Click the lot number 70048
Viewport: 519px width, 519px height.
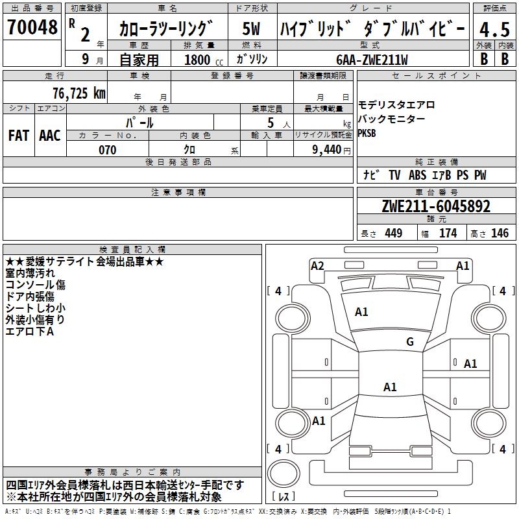32,27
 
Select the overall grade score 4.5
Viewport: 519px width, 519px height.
494,29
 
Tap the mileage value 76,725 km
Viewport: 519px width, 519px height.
79,93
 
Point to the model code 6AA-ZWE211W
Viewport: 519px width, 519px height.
372,60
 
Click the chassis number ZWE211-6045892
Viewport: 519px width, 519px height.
436,206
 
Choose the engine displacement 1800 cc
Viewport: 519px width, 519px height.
204,60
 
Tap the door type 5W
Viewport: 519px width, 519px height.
251,29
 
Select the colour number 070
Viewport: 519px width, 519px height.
108,150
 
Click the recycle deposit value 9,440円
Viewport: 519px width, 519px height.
332,150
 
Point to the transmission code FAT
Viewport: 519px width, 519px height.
19,136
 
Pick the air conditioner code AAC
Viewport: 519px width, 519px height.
50,136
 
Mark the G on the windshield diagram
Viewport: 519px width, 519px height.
410,341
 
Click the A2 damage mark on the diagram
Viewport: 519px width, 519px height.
317,266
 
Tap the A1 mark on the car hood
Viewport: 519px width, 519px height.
361,312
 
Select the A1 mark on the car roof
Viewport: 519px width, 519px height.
390,387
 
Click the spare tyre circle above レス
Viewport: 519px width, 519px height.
284,473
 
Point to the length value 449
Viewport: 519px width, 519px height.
394,233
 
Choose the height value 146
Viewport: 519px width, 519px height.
500,233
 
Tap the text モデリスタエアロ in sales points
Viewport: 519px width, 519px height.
396,105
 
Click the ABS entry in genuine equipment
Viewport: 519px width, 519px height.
417,175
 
